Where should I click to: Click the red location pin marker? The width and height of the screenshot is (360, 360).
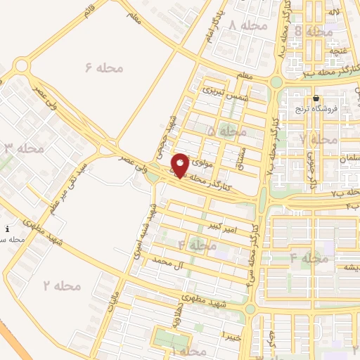click(x=180, y=165)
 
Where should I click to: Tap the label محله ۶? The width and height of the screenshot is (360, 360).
click(x=103, y=67)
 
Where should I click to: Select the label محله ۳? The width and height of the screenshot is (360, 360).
click(x=24, y=148)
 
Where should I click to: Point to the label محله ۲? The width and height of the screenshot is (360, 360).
click(x=62, y=285)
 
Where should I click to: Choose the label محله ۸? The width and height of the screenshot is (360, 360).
click(x=314, y=32)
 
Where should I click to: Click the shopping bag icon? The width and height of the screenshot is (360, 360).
click(x=316, y=98)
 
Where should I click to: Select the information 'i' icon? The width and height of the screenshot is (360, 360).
click(x=7, y=229)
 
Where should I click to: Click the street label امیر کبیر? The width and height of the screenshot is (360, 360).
click(x=223, y=226)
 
